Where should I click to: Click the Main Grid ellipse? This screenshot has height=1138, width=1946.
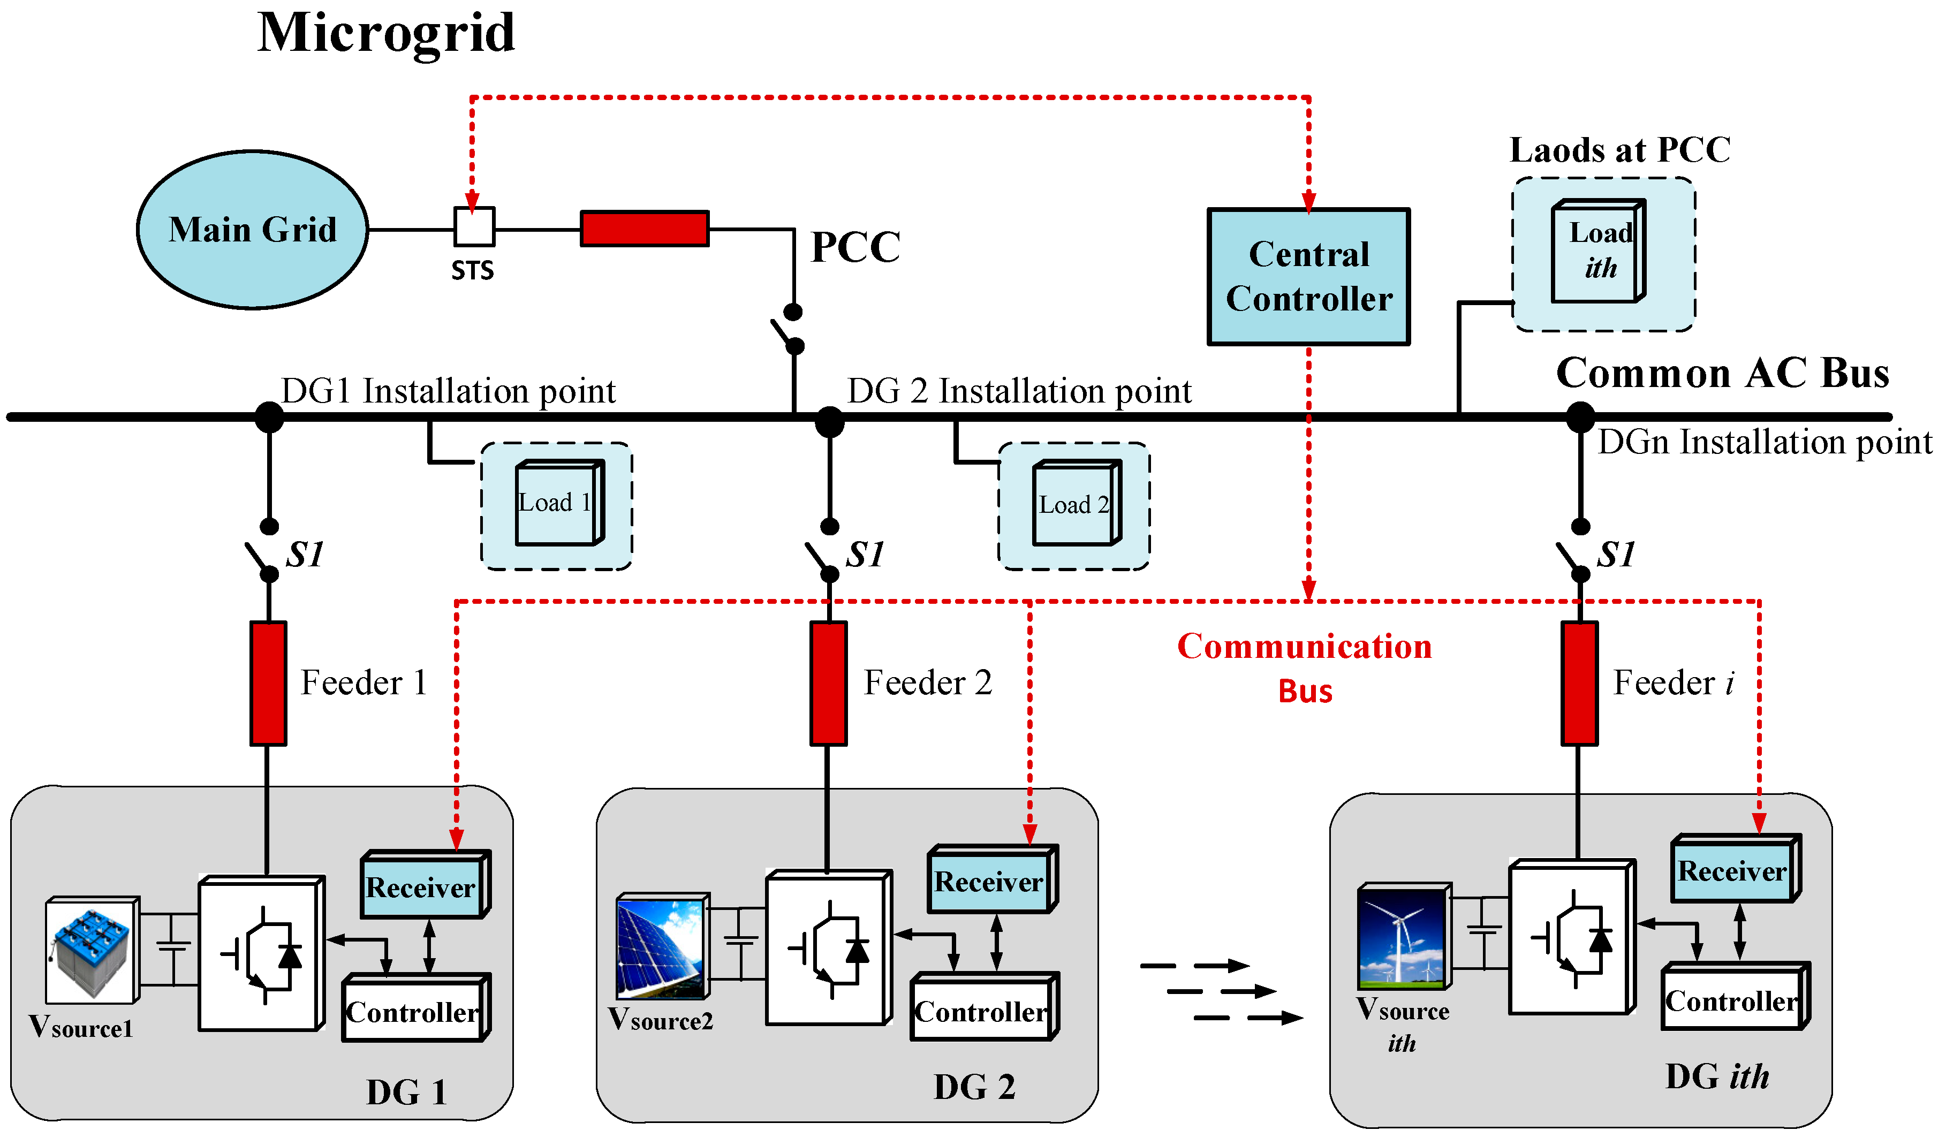click(x=253, y=230)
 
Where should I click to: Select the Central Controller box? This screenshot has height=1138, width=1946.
click(x=1309, y=276)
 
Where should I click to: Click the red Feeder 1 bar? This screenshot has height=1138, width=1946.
click(x=269, y=683)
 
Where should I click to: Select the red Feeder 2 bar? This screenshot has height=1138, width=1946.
click(x=829, y=683)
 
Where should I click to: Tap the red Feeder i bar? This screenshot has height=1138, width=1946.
click(x=1580, y=683)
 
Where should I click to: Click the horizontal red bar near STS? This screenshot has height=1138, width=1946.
click(x=645, y=229)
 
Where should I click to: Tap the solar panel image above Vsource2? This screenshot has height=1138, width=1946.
click(x=662, y=947)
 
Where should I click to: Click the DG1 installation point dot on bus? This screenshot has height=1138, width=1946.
click(x=269, y=418)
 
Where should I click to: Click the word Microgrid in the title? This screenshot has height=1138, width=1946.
click(x=386, y=33)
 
